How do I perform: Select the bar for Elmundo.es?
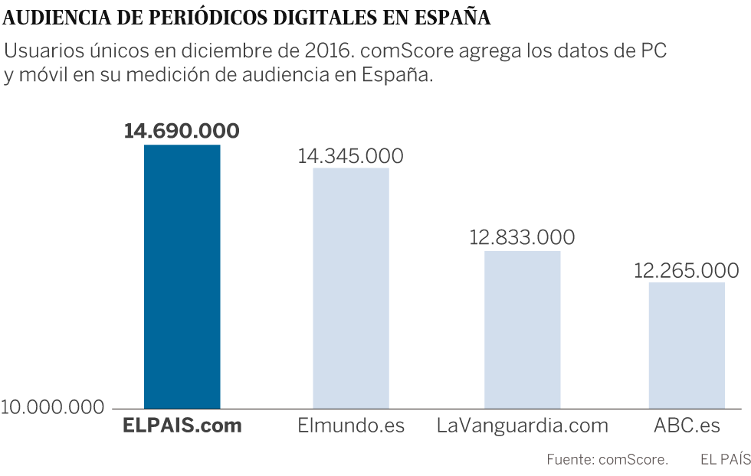click(351, 288)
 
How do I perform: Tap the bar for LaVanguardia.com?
click(523, 329)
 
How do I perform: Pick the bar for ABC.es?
click(687, 345)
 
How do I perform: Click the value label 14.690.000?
click(182, 131)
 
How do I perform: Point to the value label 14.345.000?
click(351, 155)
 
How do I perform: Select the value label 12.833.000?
click(522, 237)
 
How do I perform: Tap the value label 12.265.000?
click(687, 270)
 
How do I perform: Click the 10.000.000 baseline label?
click(52, 406)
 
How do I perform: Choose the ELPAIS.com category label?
click(182, 426)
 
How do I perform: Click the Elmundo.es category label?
click(351, 426)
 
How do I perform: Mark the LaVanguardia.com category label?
click(522, 426)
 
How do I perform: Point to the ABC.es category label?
click(687, 426)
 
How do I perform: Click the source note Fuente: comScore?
click(607, 460)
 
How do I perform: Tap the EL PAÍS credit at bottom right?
click(725, 460)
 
